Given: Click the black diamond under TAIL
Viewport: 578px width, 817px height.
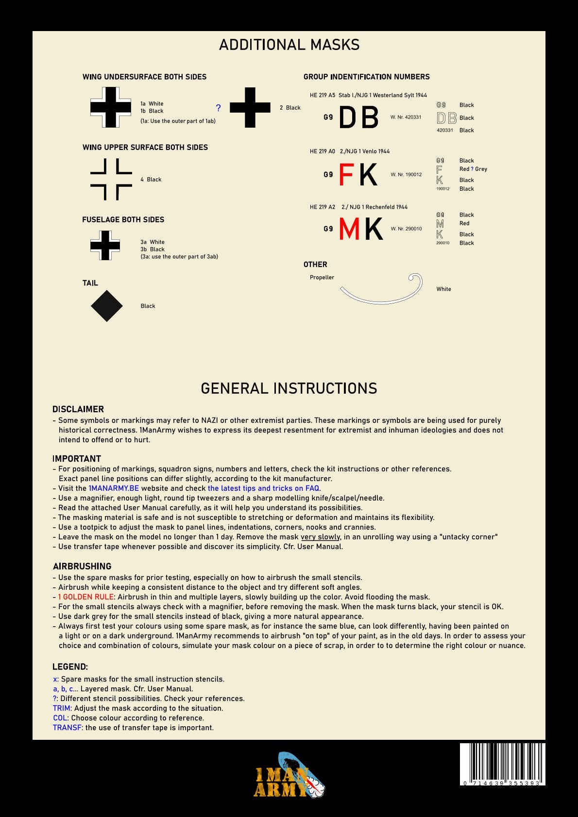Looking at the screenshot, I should point(107,306).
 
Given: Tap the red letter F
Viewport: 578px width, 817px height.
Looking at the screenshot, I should point(346,175).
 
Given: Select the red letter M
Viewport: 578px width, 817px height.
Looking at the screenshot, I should point(349,229).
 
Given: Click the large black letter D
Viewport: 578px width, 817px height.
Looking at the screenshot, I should point(347,117).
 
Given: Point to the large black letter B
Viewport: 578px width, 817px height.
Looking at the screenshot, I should point(370,117).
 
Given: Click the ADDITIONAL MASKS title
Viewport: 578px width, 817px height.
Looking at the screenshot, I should point(289,45).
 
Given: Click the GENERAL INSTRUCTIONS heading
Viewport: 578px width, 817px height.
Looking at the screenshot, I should point(289,388).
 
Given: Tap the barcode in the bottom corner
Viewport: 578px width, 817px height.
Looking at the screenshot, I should point(502,764).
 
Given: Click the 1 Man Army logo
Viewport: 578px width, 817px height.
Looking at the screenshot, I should point(289,776).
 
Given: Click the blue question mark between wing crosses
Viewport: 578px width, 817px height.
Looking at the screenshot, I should point(218,108).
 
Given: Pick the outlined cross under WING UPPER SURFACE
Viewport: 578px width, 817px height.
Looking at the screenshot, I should point(111,179).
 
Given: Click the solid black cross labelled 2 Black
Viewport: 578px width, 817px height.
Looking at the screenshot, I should point(250,108).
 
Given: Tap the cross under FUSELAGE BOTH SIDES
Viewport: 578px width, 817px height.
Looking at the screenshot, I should point(105,245).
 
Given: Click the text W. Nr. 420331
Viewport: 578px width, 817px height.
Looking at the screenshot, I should point(406,117).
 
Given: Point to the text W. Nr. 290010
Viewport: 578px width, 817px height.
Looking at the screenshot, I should point(406,229).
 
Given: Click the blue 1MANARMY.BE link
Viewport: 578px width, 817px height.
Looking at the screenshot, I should point(114,488).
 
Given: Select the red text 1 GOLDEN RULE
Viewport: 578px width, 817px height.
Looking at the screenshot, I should point(86,597).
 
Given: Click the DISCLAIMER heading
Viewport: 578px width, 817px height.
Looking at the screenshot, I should point(78,409).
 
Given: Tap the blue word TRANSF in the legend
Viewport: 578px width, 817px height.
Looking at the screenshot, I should point(67,728).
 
